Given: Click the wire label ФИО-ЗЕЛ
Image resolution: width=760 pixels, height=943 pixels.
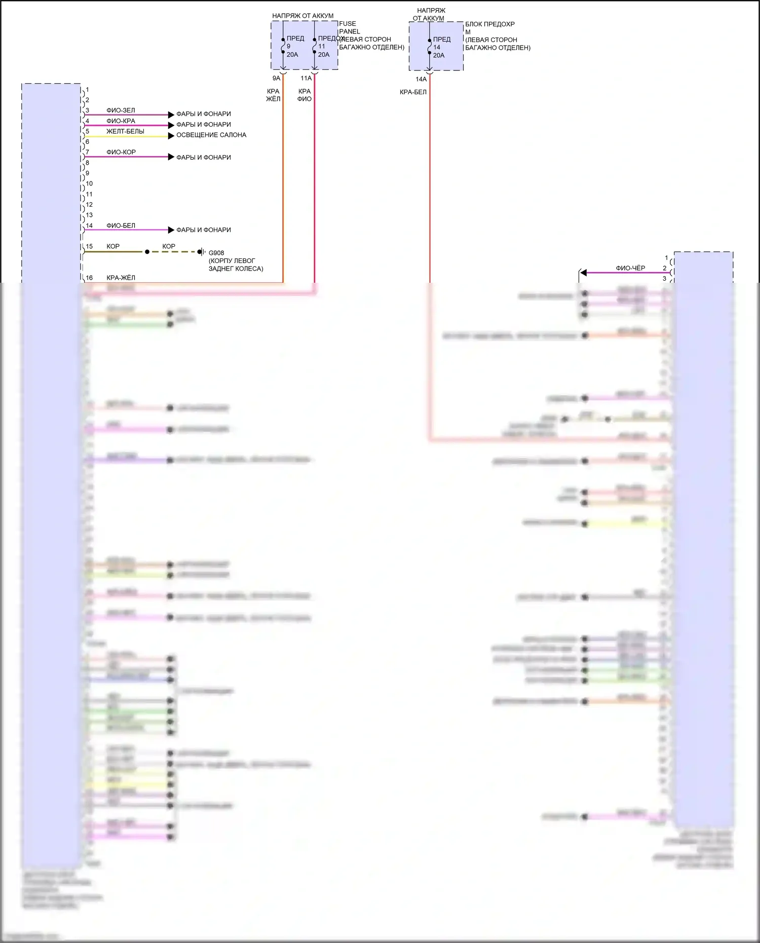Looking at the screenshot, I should (121, 110).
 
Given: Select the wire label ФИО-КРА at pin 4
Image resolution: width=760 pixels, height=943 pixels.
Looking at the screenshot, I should (121, 121).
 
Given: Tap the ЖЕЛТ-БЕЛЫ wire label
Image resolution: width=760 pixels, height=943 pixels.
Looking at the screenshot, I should (125, 132).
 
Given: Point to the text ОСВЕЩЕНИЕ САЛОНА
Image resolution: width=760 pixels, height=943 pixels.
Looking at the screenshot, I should (211, 135).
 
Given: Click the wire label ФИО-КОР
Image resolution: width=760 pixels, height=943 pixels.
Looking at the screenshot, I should (121, 153).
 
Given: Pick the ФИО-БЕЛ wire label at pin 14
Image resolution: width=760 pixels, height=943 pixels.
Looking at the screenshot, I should (121, 226).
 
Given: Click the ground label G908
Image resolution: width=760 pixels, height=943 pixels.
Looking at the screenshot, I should (216, 253).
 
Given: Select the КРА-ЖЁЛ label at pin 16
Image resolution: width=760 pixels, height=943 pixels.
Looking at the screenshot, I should (121, 278).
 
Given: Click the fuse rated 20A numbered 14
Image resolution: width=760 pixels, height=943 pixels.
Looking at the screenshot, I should (439, 47).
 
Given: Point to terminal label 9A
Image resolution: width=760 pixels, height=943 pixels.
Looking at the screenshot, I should (276, 79).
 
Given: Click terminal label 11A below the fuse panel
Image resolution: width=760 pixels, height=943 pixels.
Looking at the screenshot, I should (306, 79).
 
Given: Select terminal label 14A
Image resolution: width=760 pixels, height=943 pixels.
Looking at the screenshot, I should (421, 80).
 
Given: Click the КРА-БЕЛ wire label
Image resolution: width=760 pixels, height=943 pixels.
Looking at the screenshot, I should (413, 92).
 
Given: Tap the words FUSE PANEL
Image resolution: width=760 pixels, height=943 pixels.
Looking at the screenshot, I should (349, 28).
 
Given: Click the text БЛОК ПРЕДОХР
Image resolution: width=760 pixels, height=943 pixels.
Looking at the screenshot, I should (490, 24).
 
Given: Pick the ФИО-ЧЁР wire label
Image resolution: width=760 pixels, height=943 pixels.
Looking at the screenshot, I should (630, 269).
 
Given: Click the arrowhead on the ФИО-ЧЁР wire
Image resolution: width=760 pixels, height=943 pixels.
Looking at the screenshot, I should (583, 273).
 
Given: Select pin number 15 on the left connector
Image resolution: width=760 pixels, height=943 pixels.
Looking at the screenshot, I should (89, 247).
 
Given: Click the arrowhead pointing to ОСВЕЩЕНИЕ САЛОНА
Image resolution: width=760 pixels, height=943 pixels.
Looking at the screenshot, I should (171, 136).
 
